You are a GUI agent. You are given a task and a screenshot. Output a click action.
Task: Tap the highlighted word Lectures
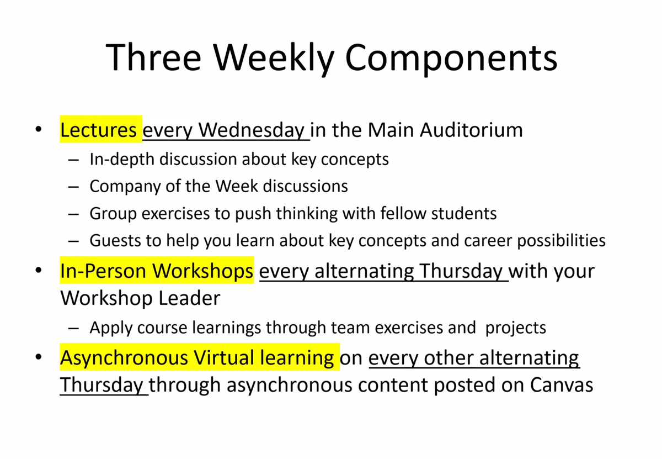click(x=99, y=130)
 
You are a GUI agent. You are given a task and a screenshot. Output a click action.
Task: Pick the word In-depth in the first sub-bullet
click(x=122, y=160)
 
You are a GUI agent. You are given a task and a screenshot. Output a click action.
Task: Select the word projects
click(x=516, y=328)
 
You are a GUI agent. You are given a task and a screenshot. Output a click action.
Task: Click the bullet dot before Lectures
click(x=38, y=131)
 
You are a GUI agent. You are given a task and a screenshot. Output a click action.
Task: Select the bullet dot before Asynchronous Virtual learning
click(x=38, y=358)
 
